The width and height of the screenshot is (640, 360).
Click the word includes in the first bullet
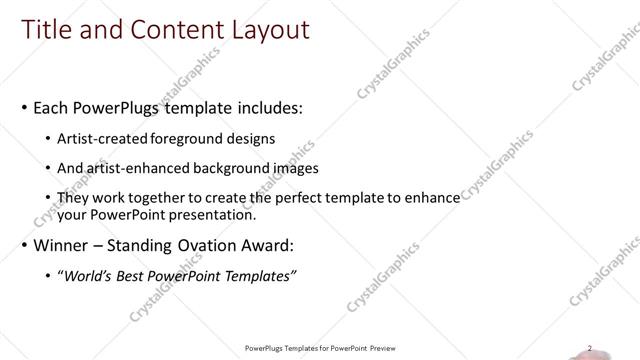coord(259,107)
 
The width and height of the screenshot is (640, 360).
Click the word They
coord(73,198)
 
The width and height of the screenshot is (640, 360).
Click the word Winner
coord(61,245)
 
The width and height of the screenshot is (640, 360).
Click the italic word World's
coord(85,275)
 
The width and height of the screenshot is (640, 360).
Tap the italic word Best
coord(132,275)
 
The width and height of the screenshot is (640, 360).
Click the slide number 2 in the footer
coord(590,347)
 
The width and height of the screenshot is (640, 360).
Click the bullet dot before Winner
coord(24,245)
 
